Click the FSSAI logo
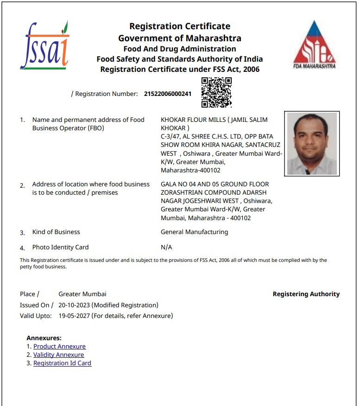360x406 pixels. [44, 45]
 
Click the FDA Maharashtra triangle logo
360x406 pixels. [314, 44]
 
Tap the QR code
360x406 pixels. [216, 92]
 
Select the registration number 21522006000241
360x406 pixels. [168, 94]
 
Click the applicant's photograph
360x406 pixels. [312, 144]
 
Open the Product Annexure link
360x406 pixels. [59, 346]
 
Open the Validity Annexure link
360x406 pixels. [58, 355]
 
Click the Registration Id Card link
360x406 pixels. [62, 363]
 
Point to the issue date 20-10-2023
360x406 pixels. [75, 305]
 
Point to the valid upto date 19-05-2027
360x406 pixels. [75, 316]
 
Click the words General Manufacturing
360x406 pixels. [194, 232]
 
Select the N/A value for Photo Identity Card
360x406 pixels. [166, 247]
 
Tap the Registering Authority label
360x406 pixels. [306, 294]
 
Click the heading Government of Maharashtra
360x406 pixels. [180, 38]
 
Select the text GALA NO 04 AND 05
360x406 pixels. [188, 184]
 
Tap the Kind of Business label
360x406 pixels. [56, 232]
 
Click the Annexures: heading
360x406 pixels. [44, 338]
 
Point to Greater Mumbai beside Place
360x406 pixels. [82, 294]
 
